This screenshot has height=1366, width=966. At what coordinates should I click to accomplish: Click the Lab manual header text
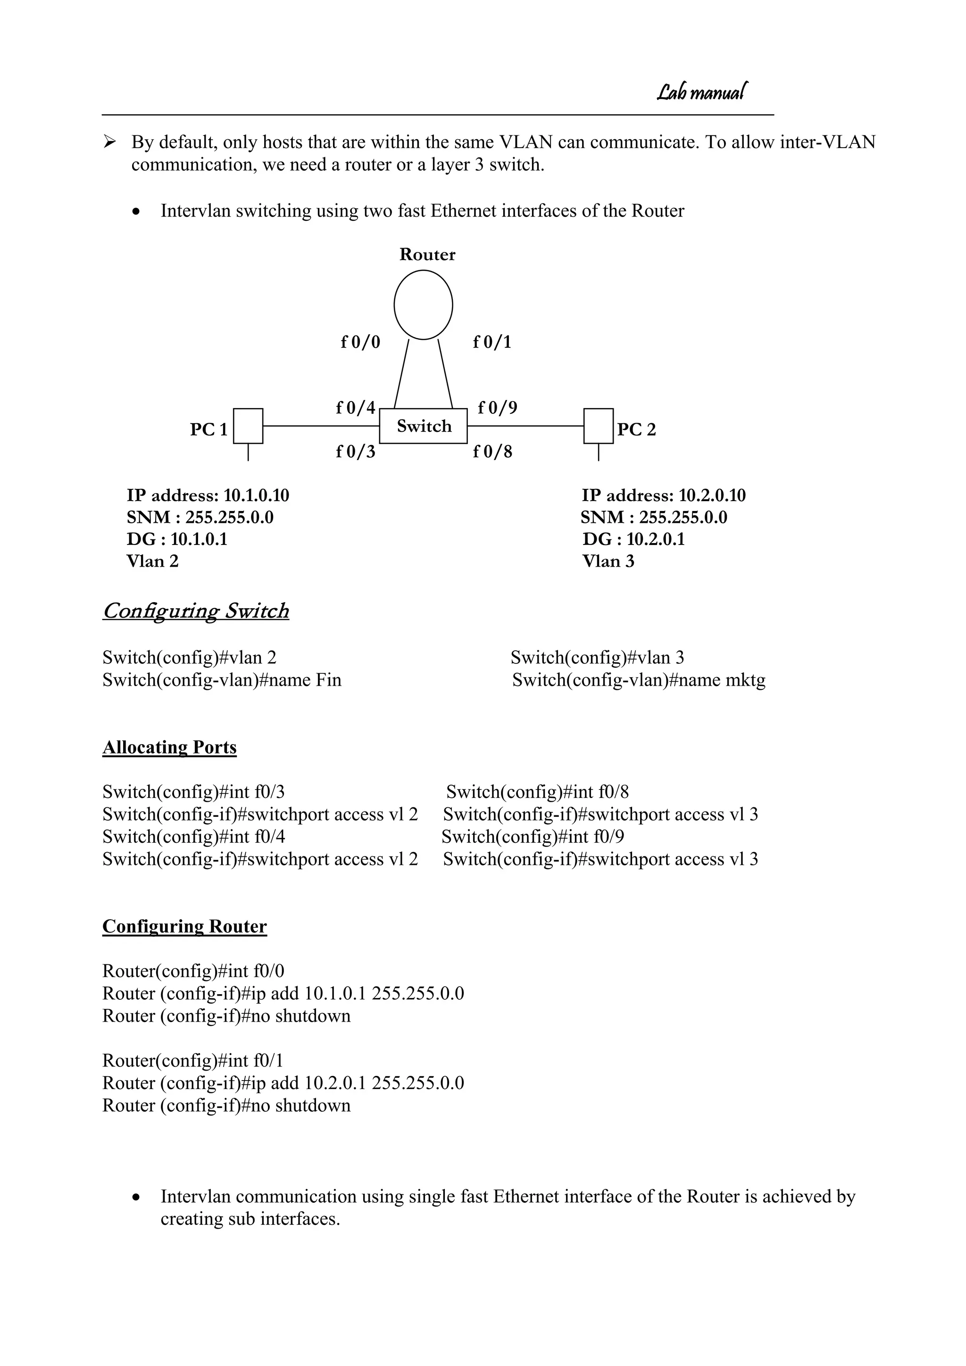tap(702, 92)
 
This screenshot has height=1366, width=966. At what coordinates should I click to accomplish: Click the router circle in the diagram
tap(423, 305)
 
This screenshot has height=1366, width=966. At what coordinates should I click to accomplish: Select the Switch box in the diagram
tap(424, 426)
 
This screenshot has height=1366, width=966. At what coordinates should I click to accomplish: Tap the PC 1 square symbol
tap(248, 426)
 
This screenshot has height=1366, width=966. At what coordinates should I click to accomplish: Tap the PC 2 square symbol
tap(599, 426)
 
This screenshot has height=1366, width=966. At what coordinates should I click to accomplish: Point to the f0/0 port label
tap(360, 342)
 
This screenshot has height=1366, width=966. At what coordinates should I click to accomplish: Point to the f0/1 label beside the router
tap(492, 342)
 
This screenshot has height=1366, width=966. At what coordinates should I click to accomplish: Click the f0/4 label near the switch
tap(356, 408)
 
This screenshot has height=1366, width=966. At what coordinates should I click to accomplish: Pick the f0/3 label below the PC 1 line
tap(356, 452)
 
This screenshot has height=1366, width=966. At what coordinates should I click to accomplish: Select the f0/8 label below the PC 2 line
tap(492, 452)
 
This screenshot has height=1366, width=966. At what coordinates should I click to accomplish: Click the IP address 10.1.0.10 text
tap(256, 495)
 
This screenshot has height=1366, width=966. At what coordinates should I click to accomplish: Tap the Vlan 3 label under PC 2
tap(608, 561)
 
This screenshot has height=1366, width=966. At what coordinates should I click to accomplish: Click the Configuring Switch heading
tap(196, 611)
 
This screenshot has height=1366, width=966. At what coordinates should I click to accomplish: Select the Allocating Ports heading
tap(169, 747)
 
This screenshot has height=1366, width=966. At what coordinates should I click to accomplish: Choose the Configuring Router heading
tap(184, 926)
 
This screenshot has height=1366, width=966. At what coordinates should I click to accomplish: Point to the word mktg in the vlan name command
tap(745, 680)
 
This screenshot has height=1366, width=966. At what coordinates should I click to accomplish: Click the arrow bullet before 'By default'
tap(109, 142)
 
